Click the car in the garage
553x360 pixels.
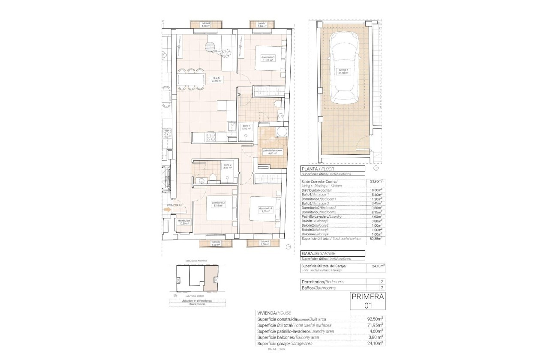pos(345,73)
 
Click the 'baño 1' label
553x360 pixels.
pos(246,127)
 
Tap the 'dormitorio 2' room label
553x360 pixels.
pos(265,210)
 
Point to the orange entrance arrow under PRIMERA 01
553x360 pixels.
pos(168,210)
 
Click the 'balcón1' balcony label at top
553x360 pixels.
pos(262,24)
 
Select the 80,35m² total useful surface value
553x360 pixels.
pos(376,239)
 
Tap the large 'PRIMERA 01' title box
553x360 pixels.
pos(367,301)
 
